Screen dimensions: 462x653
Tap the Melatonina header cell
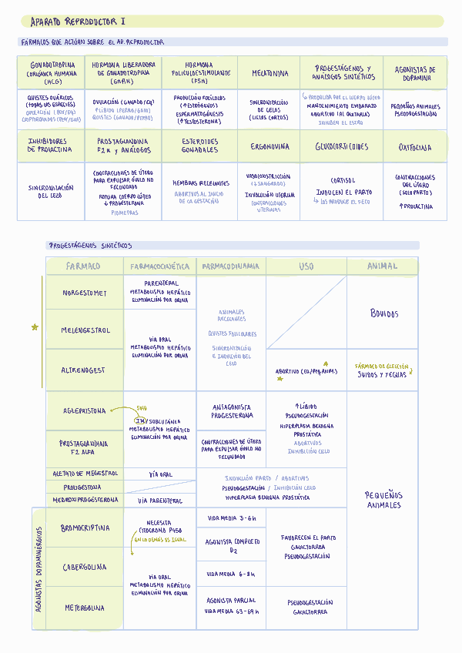pos(270,74)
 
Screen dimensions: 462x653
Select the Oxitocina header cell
pos(415,147)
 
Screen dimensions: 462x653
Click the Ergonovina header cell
pos(270,146)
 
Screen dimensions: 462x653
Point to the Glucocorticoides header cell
pos(342,146)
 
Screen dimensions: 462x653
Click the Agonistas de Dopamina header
pos(415,73)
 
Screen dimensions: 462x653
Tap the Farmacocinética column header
pos(159,266)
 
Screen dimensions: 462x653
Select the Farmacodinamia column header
pos(230,266)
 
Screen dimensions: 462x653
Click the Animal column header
pos(382,266)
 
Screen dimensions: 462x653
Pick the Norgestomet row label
pos(85,293)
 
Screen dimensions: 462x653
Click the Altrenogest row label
pos(85,370)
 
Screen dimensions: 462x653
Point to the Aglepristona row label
pos(85,411)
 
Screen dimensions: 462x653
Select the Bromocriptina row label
pos(85,528)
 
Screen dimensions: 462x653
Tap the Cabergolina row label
pos(85,568)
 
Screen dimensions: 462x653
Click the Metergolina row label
pos(85,608)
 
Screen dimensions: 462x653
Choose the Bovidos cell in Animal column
pos(384,314)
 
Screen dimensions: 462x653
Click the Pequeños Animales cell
pos(383,500)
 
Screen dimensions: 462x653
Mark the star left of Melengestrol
pos(35,327)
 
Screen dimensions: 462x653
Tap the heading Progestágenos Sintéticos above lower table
pos(90,246)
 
